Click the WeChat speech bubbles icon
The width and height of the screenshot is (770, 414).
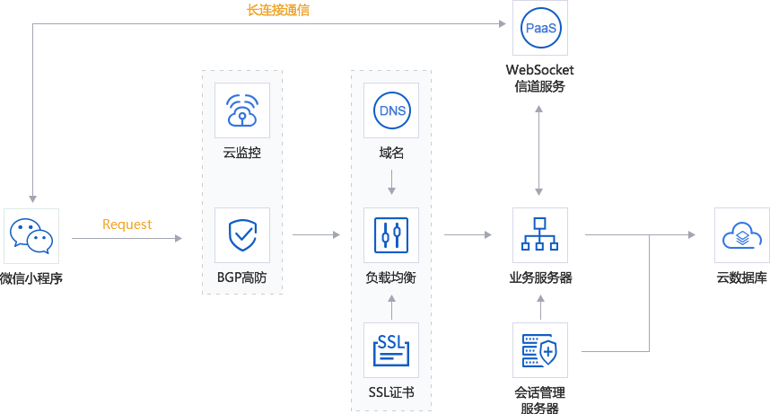point(31,235)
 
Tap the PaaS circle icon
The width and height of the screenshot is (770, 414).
point(540,29)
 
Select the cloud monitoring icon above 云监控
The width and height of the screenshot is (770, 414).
point(242,110)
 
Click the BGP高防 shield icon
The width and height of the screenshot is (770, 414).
point(242,235)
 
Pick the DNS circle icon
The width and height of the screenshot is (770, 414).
point(392,110)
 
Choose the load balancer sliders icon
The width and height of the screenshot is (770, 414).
point(392,235)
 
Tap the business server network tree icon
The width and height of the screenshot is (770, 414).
point(540,235)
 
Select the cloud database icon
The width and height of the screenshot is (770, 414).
point(742,235)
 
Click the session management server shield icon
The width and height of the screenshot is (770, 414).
point(540,350)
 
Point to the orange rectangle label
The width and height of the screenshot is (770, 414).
point(127,225)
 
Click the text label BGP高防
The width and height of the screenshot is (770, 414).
point(242,277)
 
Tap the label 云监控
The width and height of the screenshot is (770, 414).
point(242,153)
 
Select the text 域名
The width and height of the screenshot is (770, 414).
point(392,153)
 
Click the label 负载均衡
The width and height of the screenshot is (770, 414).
point(392,277)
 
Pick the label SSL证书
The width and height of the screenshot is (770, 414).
point(392,392)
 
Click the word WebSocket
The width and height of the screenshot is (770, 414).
point(540,70)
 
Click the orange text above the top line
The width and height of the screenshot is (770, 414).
point(278,11)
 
